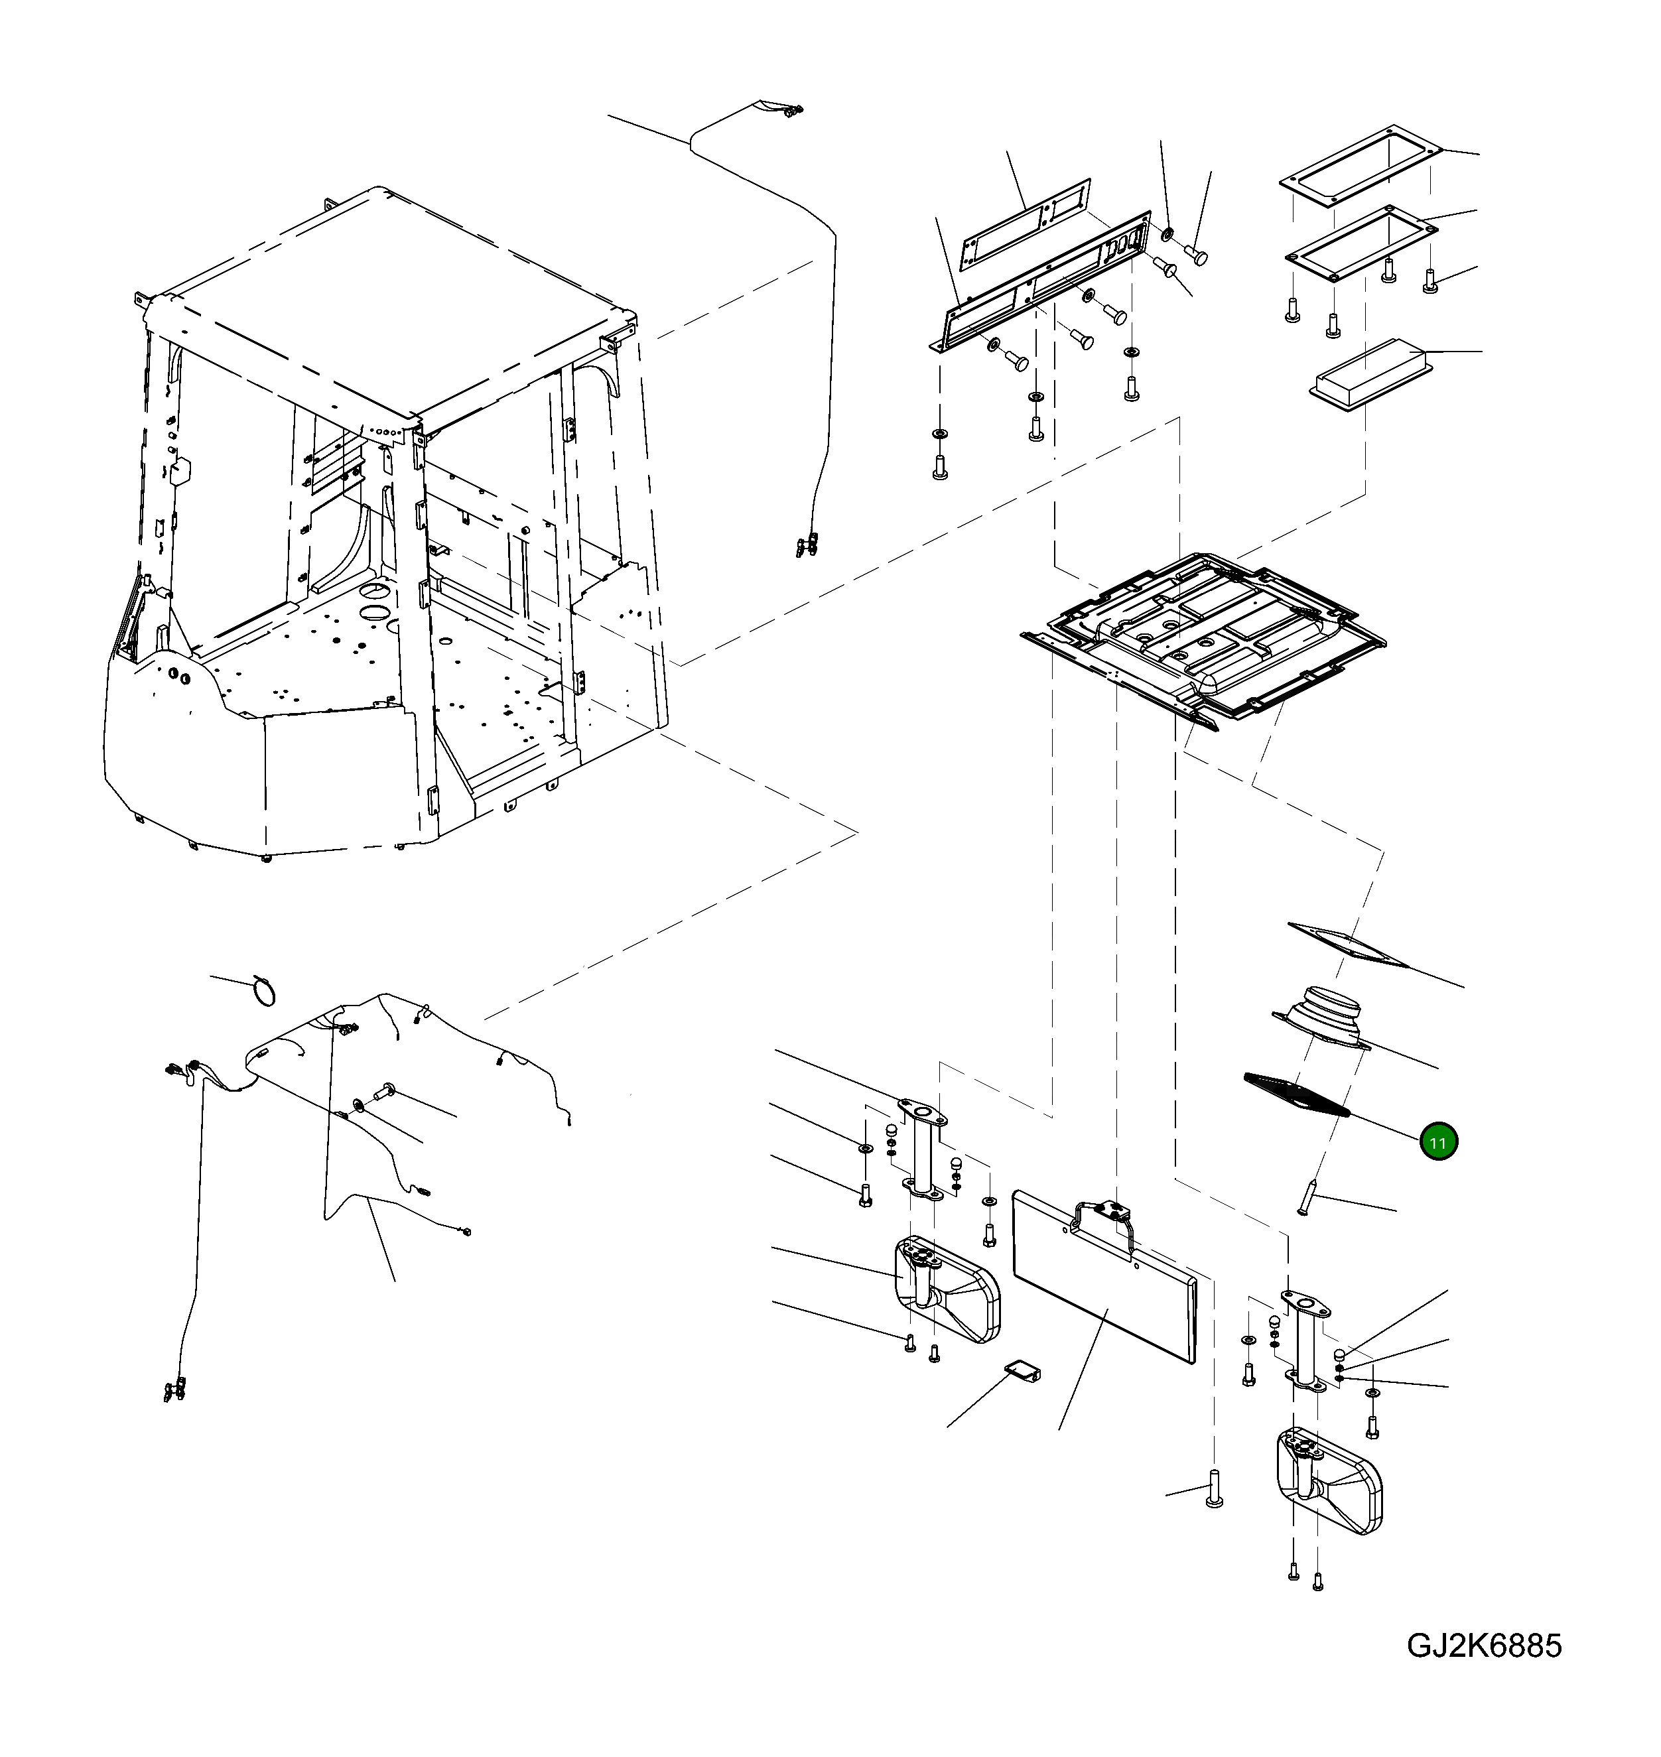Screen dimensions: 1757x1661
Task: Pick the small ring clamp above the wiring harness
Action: pyautogui.click(x=263, y=990)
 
